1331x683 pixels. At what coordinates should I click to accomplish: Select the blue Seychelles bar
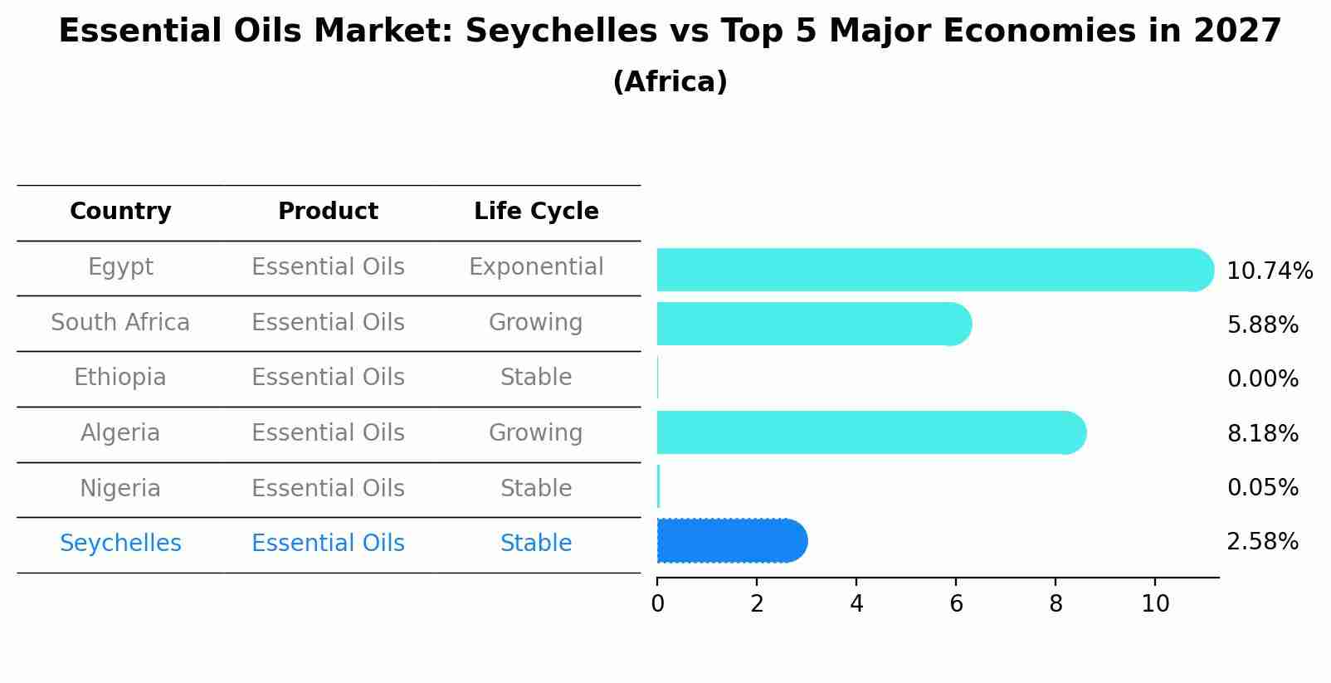(730, 541)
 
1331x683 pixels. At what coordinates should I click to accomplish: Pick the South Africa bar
(813, 324)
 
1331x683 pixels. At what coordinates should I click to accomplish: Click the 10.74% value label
(1269, 271)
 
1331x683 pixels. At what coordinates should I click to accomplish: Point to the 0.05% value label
(1262, 488)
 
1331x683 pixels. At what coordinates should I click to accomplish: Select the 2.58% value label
(1262, 542)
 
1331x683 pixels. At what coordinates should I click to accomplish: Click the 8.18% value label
(1262, 434)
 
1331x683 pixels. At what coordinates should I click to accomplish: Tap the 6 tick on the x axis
(956, 604)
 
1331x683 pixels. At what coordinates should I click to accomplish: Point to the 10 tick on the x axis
(1154, 604)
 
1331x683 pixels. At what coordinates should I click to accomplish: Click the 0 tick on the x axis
(657, 604)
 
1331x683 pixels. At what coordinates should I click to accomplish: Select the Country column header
(120, 212)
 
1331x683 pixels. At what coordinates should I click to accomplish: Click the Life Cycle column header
(536, 212)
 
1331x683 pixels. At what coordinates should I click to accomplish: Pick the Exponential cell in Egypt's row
(536, 267)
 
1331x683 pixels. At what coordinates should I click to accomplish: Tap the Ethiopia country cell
(120, 378)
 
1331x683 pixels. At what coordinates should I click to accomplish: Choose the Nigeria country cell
(120, 489)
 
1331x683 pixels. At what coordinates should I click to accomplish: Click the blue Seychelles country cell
(120, 544)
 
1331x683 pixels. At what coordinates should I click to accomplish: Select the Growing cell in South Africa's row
(536, 323)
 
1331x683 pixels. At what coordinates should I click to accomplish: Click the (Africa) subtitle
(670, 82)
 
